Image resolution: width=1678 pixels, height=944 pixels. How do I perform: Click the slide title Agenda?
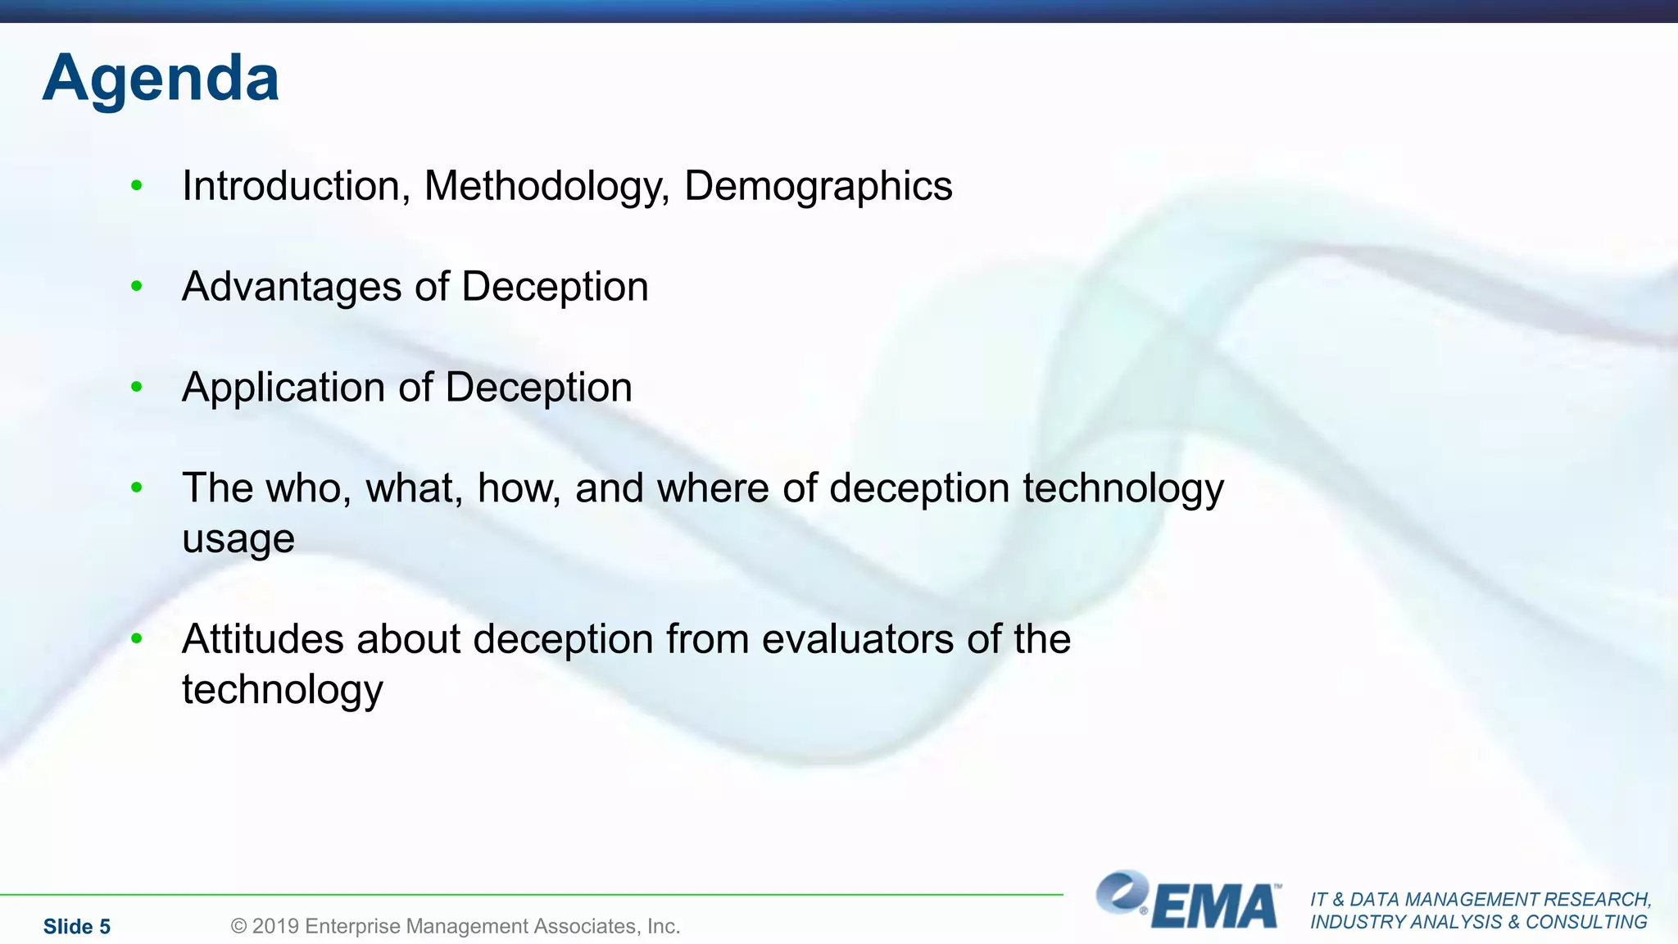click(x=161, y=79)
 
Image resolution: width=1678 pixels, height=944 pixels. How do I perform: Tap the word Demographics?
click(x=818, y=186)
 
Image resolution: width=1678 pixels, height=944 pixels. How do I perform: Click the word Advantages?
click(x=292, y=287)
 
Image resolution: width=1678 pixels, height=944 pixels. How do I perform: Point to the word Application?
click(x=283, y=388)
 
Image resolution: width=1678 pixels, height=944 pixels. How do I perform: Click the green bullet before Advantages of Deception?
click(x=137, y=286)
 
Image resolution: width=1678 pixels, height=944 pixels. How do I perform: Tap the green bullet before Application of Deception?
click(x=137, y=387)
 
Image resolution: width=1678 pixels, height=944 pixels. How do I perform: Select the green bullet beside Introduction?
click(x=137, y=185)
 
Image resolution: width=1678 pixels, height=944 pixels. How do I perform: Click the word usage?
click(x=238, y=540)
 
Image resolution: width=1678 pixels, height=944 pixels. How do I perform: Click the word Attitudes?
click(x=263, y=639)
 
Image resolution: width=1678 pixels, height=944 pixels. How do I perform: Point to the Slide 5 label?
click(x=77, y=926)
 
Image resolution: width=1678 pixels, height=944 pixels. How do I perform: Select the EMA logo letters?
click(x=1214, y=906)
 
